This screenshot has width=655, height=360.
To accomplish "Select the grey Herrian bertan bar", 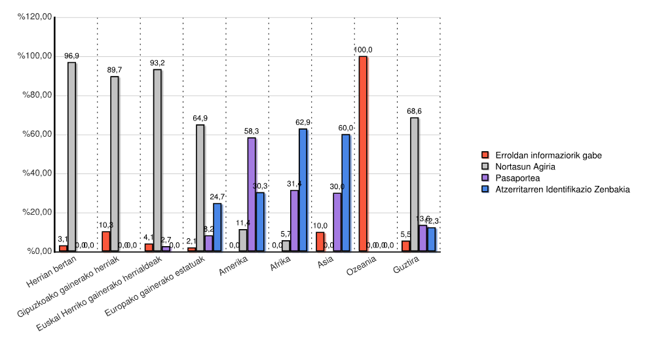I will coord(71,157).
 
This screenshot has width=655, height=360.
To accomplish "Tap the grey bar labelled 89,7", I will coord(115,164).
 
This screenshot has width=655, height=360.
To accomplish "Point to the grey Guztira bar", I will coord(414,185).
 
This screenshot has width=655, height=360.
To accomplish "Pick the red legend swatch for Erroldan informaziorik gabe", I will coord(485,155).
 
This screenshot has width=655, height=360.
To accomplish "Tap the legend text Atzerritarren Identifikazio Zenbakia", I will coord(563,189).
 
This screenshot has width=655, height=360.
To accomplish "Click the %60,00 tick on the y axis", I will coord(37,135).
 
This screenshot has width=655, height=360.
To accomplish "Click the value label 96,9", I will coord(71,56).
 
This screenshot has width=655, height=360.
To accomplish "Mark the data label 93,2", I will coord(157,63).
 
